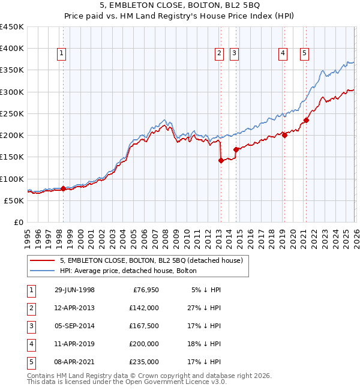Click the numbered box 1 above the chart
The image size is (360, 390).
pos(62,53)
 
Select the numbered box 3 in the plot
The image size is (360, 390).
pos(234,53)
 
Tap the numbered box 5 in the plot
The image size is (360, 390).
pos(305,53)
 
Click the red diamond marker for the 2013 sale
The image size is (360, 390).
pos(221,160)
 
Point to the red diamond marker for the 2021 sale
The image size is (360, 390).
pos(306,120)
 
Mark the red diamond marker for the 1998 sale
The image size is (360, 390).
pos(64,188)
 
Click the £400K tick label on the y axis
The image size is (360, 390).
pos(12,49)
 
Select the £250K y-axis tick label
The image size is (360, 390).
pos(12,113)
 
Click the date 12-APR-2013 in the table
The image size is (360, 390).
pos(74,308)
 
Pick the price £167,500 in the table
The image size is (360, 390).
pos(143,326)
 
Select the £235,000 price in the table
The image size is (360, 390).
pos(143,362)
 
